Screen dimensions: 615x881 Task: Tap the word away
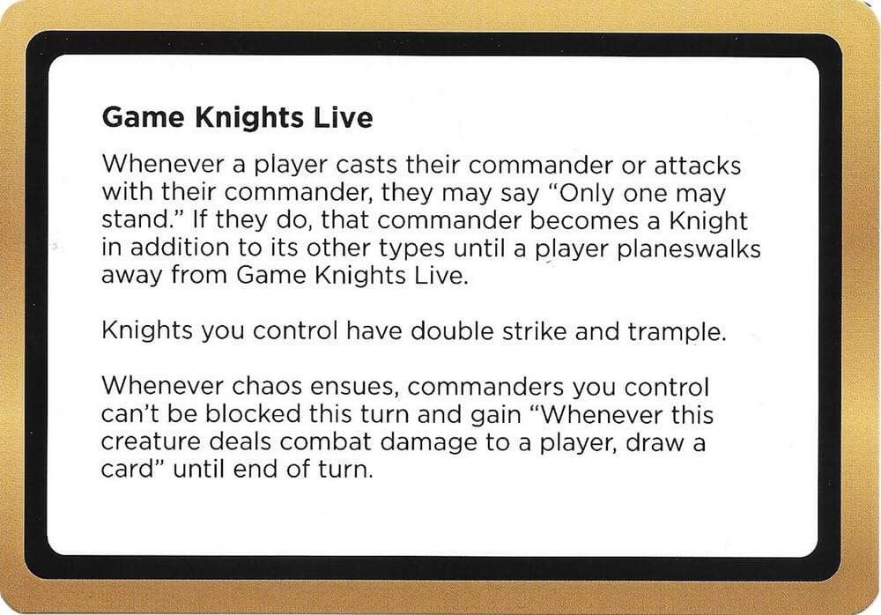pyautogui.click(x=134, y=276)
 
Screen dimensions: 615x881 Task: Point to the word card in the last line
pyautogui.click(x=124, y=470)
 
